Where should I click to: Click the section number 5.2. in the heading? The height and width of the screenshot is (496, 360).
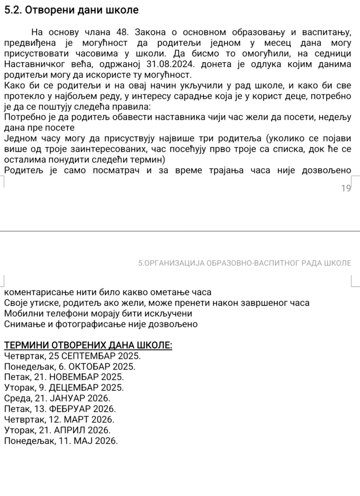pos(13,10)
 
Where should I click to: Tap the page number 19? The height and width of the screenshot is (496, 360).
pos(345,188)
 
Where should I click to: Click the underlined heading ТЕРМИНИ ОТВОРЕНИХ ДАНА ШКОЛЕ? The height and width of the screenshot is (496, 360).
pos(88,345)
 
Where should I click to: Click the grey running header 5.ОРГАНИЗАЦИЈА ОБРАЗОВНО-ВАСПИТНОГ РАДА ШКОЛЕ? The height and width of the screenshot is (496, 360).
pos(244,263)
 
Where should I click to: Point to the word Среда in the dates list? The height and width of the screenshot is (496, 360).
pos(17,398)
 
